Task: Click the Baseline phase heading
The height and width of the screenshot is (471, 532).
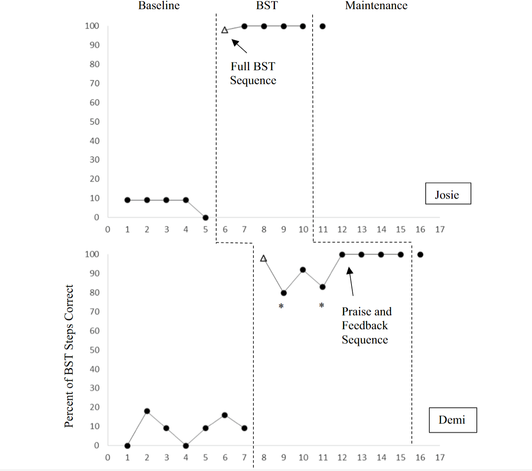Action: tap(159, 6)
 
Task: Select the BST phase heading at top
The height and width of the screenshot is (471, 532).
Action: tap(267, 6)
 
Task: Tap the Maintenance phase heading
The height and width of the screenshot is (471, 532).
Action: tap(376, 6)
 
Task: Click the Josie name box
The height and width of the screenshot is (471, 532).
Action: tap(448, 194)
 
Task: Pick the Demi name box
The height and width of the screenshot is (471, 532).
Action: tap(453, 420)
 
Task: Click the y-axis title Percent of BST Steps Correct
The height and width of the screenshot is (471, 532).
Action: tap(69, 356)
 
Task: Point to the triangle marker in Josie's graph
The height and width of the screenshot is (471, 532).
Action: tap(225, 30)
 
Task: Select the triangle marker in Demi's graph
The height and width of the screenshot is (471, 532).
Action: tap(263, 258)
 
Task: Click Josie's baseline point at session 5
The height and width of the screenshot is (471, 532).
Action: tap(206, 218)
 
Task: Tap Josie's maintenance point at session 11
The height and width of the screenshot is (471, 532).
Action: tap(323, 27)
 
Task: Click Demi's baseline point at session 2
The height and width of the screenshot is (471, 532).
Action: tap(147, 411)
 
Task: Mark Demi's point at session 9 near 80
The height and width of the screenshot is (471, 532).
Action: tap(284, 293)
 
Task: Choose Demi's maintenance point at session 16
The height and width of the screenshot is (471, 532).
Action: tap(420, 255)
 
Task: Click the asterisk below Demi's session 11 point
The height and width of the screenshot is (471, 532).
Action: tap(322, 305)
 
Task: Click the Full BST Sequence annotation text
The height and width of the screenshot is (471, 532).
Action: tap(253, 73)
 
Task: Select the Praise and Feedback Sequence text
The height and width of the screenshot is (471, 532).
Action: tap(366, 325)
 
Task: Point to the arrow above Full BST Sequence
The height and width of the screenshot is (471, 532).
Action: tap(239, 46)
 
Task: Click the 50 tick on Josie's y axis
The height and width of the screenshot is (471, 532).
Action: tap(94, 122)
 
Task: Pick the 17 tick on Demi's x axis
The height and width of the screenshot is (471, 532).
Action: tap(440, 458)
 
